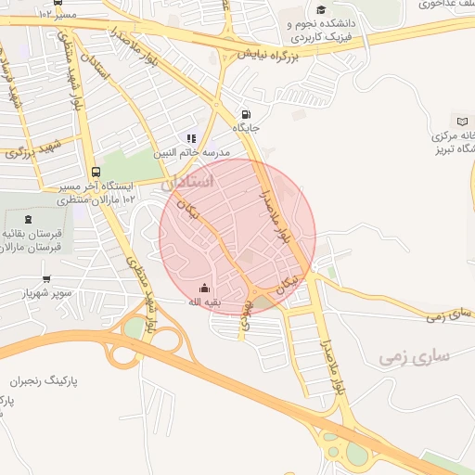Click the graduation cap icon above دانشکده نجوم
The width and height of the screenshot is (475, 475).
pyautogui.click(x=321, y=10)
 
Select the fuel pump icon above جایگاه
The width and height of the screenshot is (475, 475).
pyautogui.click(x=245, y=105)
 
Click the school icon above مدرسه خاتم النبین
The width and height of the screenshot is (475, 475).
pyautogui.click(x=192, y=138)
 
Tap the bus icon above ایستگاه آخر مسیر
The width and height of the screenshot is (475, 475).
pyautogui.click(x=96, y=172)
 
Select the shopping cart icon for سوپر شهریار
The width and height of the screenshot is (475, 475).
pyautogui.click(x=46, y=278)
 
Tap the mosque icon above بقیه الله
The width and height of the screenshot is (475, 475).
pyautogui.click(x=205, y=288)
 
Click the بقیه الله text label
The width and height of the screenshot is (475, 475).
pyautogui.click(x=204, y=302)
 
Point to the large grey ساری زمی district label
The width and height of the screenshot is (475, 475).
pyautogui.click(x=415, y=356)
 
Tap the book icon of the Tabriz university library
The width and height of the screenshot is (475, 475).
pyautogui.click(x=462, y=122)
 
